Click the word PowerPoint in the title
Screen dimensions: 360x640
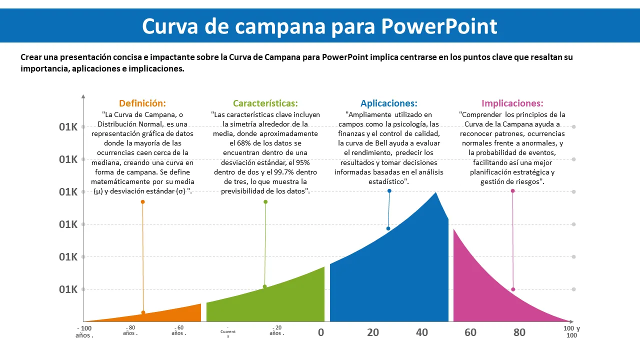click(x=439, y=26)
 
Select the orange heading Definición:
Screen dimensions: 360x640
click(x=142, y=103)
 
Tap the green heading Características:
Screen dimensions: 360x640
click(x=265, y=103)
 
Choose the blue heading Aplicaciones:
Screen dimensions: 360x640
click(x=389, y=103)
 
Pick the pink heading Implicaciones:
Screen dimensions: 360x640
click(x=512, y=103)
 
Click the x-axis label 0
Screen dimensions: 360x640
click(x=321, y=332)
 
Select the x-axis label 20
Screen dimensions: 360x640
click(x=373, y=332)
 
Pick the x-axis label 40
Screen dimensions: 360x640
click(x=422, y=332)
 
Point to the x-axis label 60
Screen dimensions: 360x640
click(x=470, y=332)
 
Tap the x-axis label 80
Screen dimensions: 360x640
click(x=519, y=332)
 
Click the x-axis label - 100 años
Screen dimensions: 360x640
click(x=84, y=331)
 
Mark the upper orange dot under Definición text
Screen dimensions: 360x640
click(x=142, y=202)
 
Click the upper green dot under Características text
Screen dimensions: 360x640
click(x=265, y=202)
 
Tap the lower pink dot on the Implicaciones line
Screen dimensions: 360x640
click(x=513, y=289)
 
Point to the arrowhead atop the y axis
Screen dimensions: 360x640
click(x=83, y=96)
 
